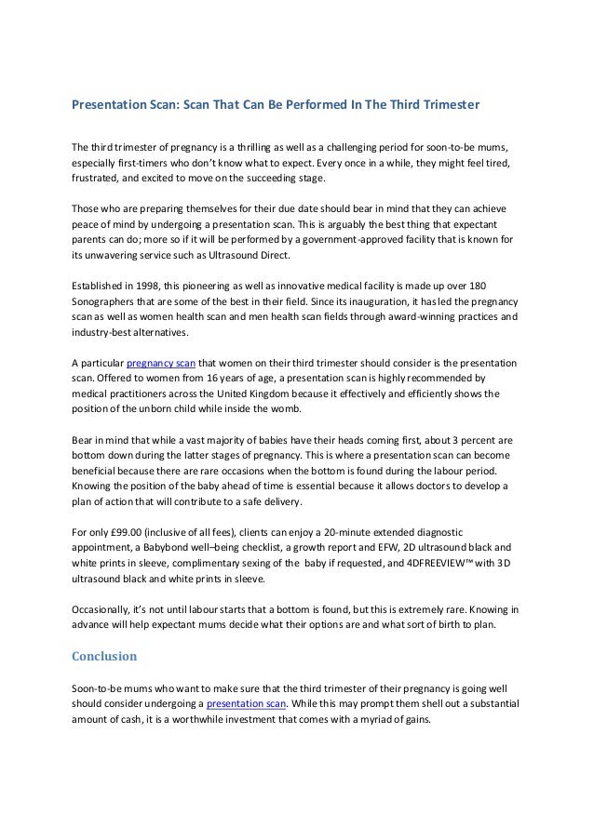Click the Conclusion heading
tap(104, 656)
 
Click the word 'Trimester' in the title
tap(446, 106)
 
